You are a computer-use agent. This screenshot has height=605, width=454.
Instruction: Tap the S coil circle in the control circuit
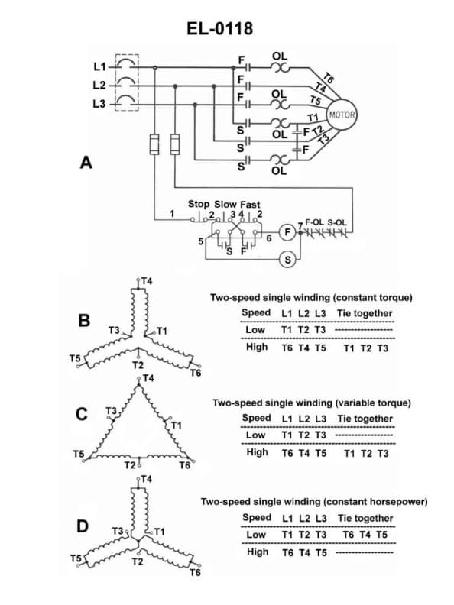coord(287,260)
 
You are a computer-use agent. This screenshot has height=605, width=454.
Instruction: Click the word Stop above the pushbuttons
coord(199,204)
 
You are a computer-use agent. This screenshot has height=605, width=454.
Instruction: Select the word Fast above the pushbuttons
coord(250,204)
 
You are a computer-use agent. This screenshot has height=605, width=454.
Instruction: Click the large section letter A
coord(86,163)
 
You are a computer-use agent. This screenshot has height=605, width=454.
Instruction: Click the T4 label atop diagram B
coord(146,280)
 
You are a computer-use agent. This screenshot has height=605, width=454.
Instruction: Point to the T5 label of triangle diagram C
coord(78,455)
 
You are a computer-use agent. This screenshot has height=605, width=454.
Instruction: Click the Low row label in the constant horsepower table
coord(256,534)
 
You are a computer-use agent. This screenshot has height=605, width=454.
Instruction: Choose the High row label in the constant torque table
coord(257,347)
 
